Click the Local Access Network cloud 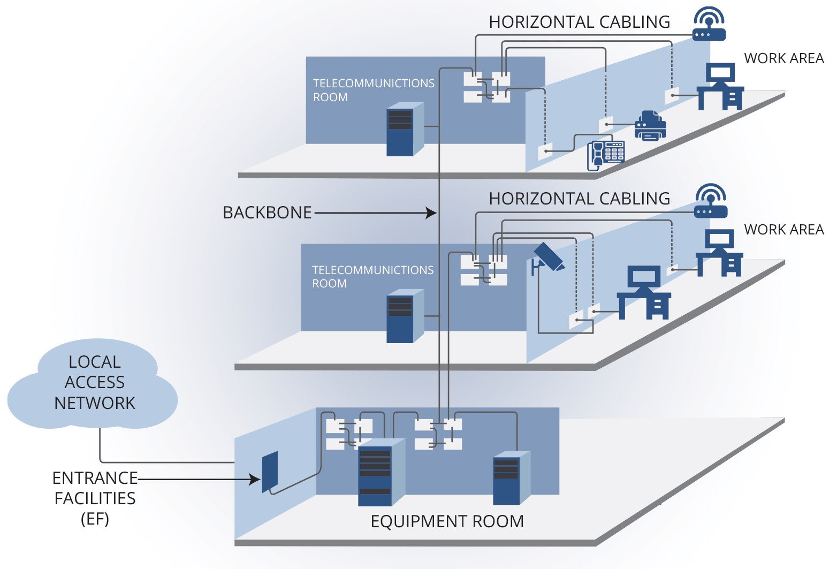point(94,383)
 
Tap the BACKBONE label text point(267,213)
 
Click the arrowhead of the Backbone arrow point(432,213)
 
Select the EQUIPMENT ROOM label point(447,521)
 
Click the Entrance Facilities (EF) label point(95,498)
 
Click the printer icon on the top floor point(650,126)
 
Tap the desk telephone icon point(606,155)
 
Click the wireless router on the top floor point(709,25)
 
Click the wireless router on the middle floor point(711,202)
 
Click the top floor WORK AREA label point(783,58)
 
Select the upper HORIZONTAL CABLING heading point(579,22)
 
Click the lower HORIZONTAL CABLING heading point(579,199)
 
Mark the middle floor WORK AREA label point(783,230)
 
